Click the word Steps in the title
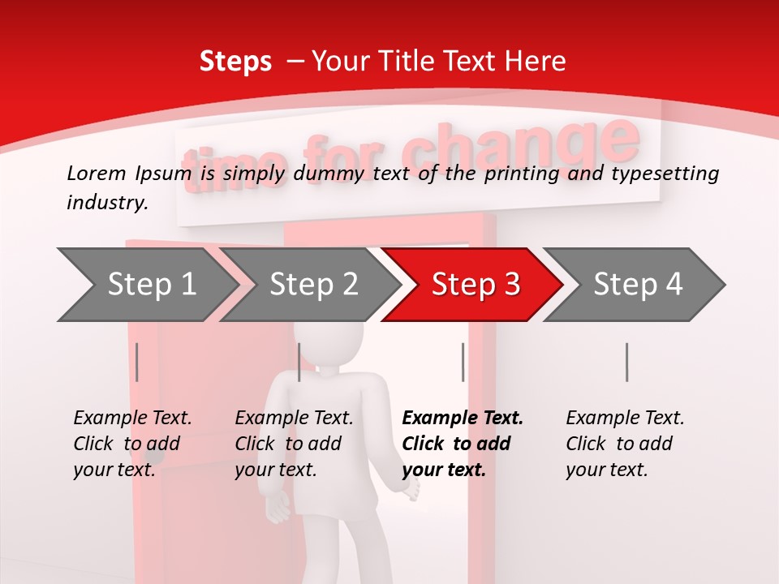pos(235,62)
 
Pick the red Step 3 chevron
pos(476,285)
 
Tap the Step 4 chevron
pos(638,285)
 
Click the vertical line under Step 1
pos(137,362)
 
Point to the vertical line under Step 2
pos(299,362)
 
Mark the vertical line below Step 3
pos(463,362)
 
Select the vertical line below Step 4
pos(626,362)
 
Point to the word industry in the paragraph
pos(107,203)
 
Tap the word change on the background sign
pos(519,146)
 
